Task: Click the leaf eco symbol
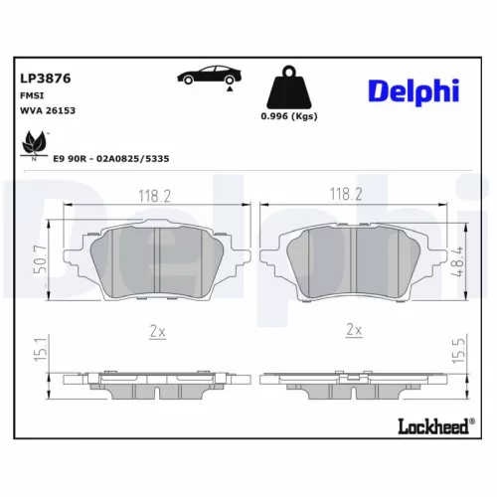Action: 36,144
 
